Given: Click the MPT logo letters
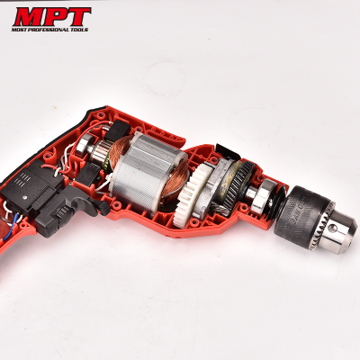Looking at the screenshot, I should pos(51,16).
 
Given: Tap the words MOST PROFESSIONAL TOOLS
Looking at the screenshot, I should pos(51,29).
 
